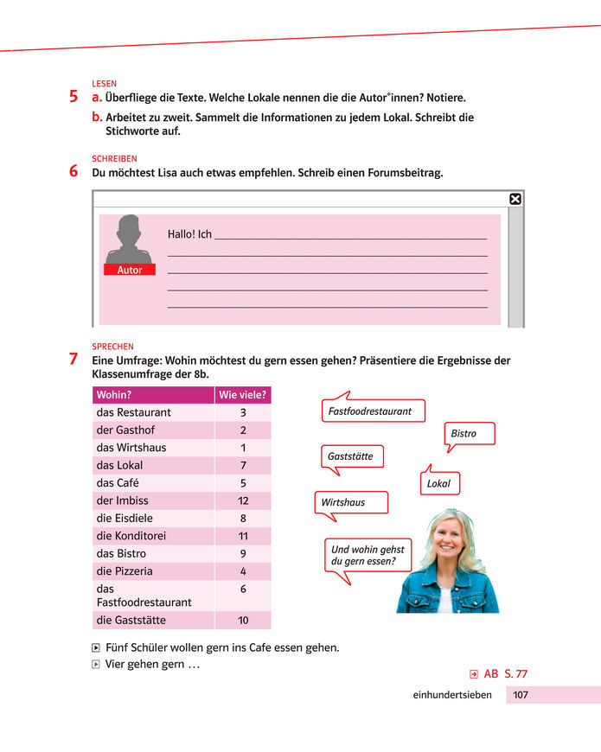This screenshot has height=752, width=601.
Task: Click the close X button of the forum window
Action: [515, 199]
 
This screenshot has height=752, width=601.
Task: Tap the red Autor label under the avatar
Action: [130, 270]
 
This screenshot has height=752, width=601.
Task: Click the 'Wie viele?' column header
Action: [243, 395]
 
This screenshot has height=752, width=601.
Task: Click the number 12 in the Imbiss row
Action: [243, 500]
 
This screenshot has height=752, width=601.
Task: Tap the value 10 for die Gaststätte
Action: [243, 621]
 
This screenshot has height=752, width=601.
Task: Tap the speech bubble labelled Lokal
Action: [438, 483]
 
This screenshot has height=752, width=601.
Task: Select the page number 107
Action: [521, 694]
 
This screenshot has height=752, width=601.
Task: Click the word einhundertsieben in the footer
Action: [452, 694]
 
